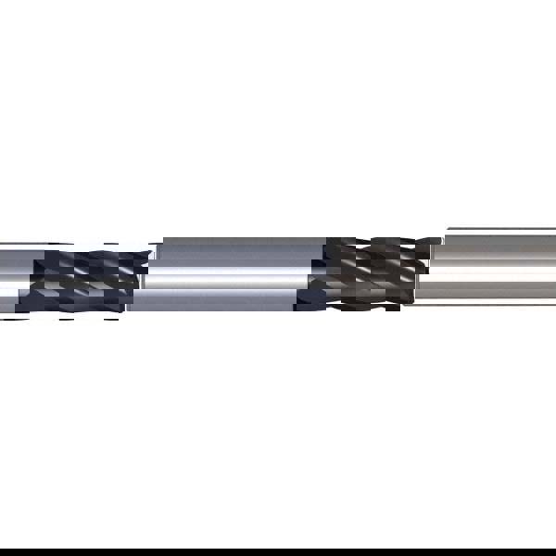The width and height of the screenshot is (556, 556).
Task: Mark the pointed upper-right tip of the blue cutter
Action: tap(153, 246)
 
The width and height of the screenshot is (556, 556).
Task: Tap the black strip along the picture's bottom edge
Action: tap(278, 553)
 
